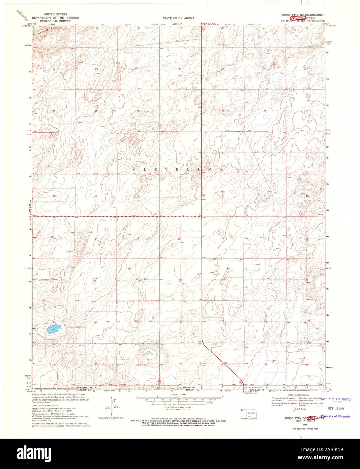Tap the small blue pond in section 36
pyautogui.click(x=149, y=354)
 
